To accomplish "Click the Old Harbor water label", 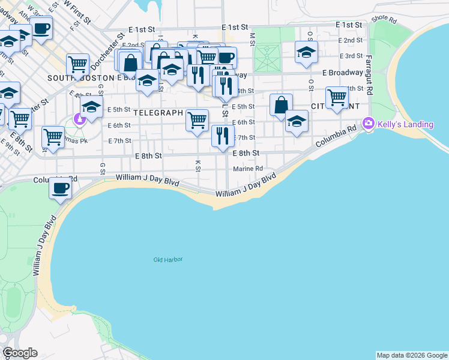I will click(167, 259).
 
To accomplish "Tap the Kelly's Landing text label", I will click(405, 124).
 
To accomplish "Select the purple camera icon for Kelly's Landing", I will click(368, 124).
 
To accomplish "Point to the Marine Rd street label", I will click(249, 169).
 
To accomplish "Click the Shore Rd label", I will click(384, 19).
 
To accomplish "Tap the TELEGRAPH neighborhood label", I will click(157, 112).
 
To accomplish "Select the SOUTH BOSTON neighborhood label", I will click(80, 78).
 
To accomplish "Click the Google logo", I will click(20, 353).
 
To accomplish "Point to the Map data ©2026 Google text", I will click(412, 355).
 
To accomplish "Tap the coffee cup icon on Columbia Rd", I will click(60, 188).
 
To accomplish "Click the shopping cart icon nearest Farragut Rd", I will click(337, 97).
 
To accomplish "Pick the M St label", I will click(253, 38).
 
